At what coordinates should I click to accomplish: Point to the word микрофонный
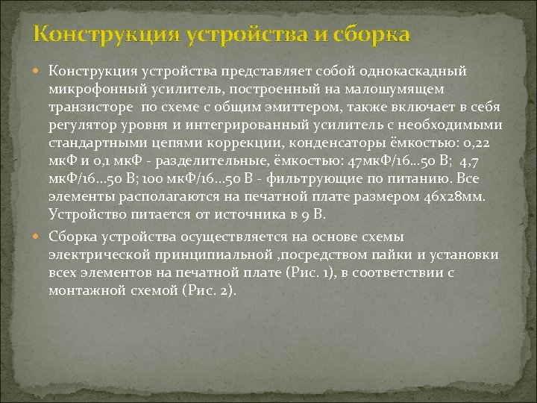pyautogui.click(x=94, y=89)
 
